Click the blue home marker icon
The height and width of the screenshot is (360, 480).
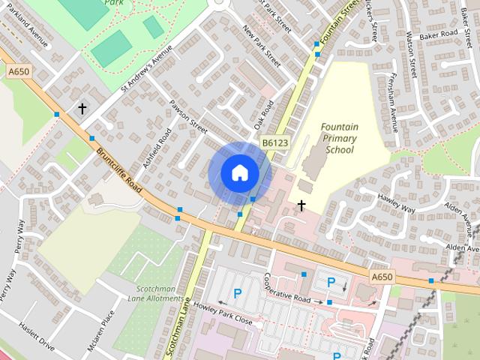coord(240,172)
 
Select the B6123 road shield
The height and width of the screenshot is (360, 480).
coord(274,142)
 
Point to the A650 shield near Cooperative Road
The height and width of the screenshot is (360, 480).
coord(381,277)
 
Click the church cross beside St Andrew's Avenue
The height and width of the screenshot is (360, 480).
coord(82,109)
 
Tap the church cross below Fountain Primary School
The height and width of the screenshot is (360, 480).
coord(301,205)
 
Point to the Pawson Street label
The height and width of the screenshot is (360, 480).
coord(188,115)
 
